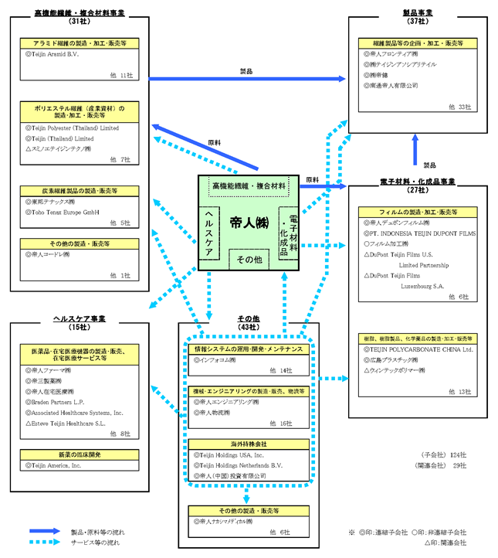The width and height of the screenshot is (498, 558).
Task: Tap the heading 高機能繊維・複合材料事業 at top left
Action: coord(80,13)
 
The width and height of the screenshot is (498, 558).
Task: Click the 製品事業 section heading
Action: coord(418,13)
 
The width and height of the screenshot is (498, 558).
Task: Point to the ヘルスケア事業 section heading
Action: coord(80,318)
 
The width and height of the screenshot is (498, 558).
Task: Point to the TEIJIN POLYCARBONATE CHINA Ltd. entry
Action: coord(419,349)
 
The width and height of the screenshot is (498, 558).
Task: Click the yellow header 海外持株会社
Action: coord(245,444)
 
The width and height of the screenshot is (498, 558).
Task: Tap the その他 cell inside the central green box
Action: coord(249,260)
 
